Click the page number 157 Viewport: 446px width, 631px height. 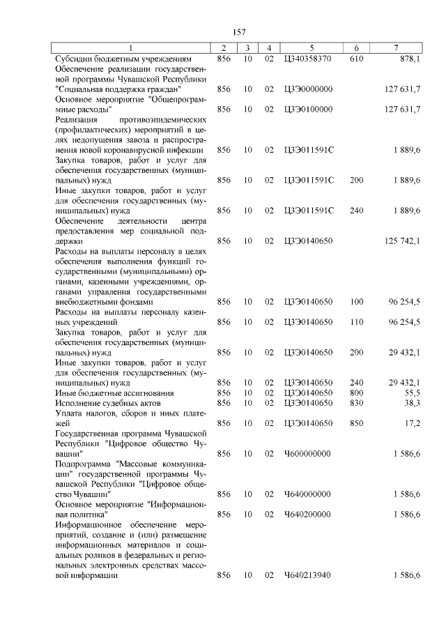point(239,32)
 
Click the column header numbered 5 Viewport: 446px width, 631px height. point(312,48)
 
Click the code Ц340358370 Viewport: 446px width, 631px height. point(309,59)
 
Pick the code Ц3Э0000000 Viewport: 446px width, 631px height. point(309,89)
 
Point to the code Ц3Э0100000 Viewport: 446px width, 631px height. point(309,109)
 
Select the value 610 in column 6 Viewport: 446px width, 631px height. point(356,59)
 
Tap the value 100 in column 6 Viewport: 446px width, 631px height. point(356,302)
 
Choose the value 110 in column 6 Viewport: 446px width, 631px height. point(356,322)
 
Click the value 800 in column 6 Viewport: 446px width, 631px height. point(356,393)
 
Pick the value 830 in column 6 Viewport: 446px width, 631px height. point(356,403)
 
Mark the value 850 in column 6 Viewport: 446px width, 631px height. point(356,423)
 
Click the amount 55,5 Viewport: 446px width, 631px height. point(412,393)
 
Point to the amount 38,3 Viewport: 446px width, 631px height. point(412,403)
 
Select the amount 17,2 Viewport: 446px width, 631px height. point(412,423)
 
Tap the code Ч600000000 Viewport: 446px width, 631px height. point(308,453)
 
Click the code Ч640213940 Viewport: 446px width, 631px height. point(308,575)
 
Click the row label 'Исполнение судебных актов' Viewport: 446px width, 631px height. point(108,403)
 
